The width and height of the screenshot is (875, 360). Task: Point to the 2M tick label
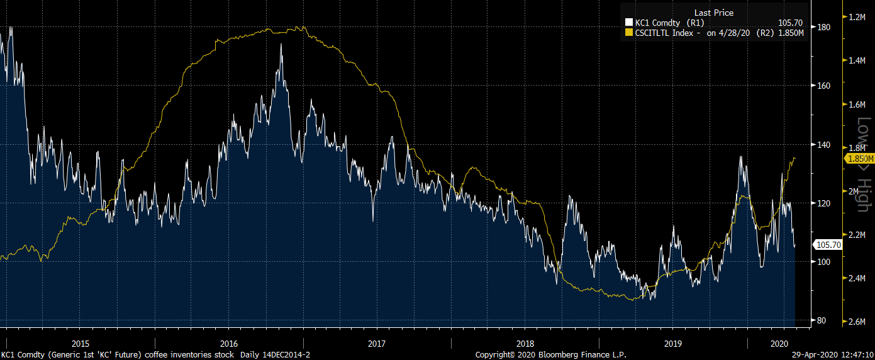point(854,191)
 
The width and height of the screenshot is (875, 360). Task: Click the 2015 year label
point(81,344)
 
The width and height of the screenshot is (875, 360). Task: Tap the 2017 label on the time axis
point(377,344)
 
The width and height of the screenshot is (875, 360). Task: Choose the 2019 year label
point(673,344)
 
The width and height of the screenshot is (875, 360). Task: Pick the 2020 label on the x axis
point(779,344)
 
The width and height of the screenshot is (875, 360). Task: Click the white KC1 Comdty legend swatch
point(629,23)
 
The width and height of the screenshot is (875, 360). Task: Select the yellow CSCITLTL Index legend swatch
point(629,33)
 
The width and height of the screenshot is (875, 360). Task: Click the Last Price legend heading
point(713,13)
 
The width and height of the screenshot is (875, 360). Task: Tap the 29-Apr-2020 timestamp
point(832,355)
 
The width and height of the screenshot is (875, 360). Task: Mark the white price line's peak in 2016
point(281,45)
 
